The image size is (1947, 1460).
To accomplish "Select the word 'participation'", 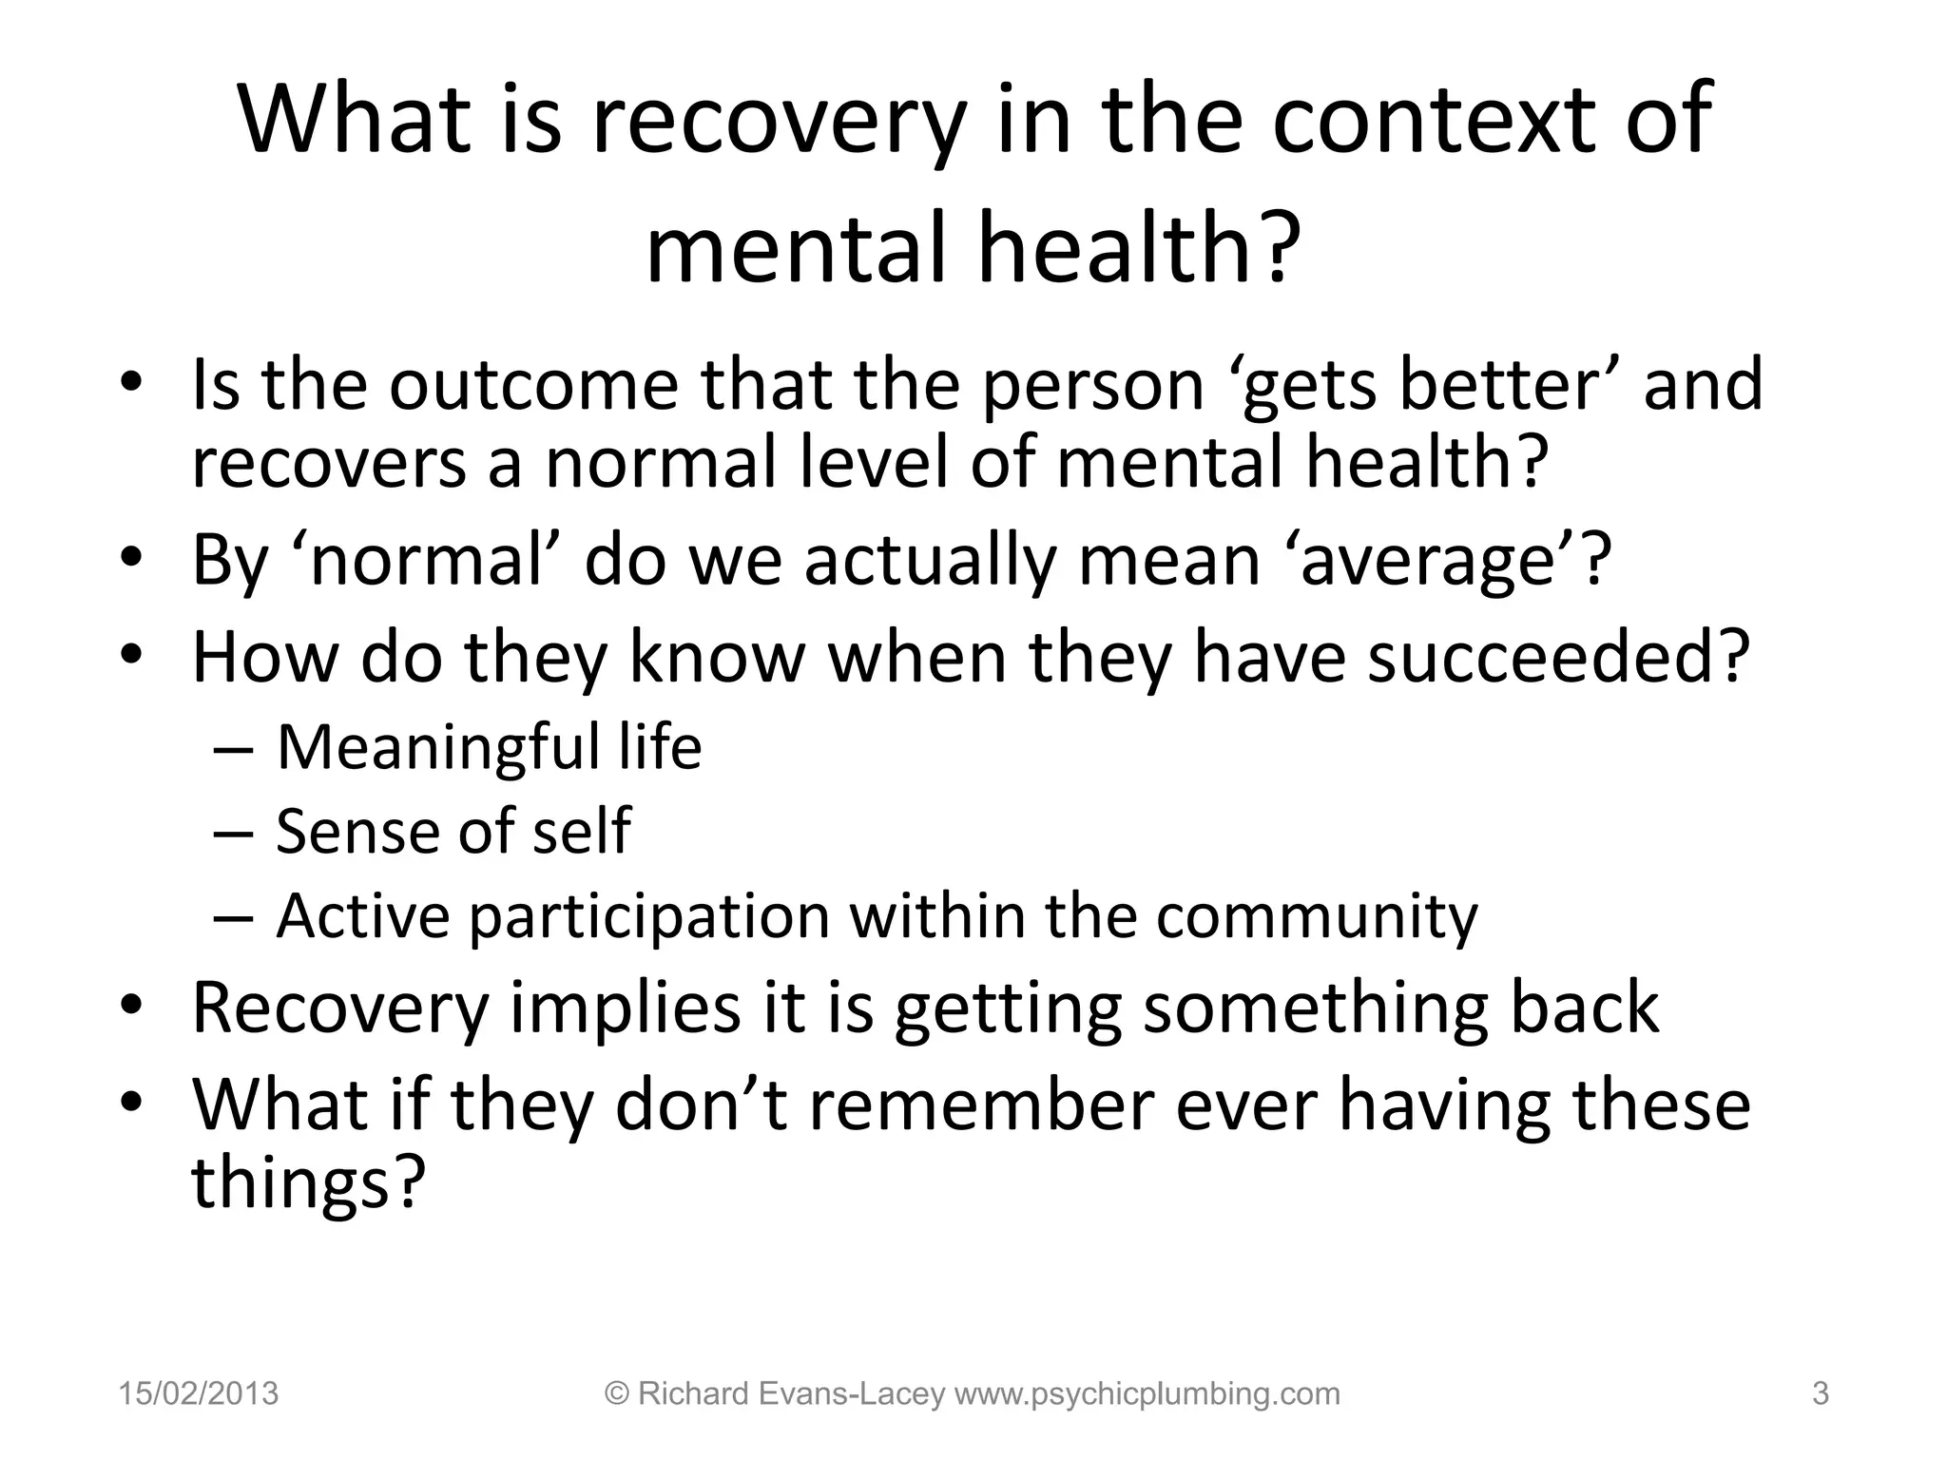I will click(649, 916).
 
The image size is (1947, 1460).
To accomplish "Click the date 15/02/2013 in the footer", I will click(199, 1394).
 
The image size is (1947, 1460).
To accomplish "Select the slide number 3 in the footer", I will click(1821, 1394).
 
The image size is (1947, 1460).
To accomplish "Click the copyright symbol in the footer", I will click(618, 1394).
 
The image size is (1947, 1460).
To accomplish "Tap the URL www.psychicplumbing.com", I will click(1147, 1394).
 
